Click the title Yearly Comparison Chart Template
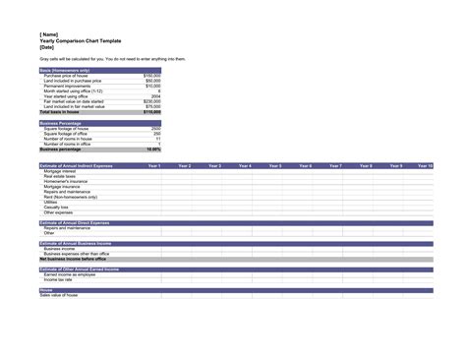point(78,40)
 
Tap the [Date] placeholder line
point(46,47)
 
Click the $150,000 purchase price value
point(152,75)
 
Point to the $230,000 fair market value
point(152,101)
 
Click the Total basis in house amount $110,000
point(152,112)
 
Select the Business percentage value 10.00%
point(154,149)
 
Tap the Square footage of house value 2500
point(156,128)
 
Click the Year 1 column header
point(153,166)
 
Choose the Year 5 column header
point(274,166)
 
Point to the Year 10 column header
point(425,166)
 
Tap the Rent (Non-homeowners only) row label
point(70,197)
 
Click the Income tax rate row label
point(58,279)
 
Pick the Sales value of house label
point(62,295)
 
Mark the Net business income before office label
point(73,259)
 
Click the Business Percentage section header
point(62,123)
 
